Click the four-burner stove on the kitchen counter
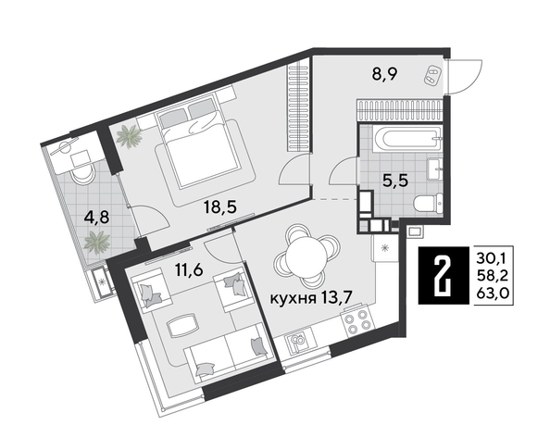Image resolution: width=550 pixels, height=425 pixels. (x=356, y=324)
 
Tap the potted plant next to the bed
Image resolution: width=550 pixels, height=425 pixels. (x=130, y=137)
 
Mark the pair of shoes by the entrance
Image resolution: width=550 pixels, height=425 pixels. (x=431, y=78)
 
